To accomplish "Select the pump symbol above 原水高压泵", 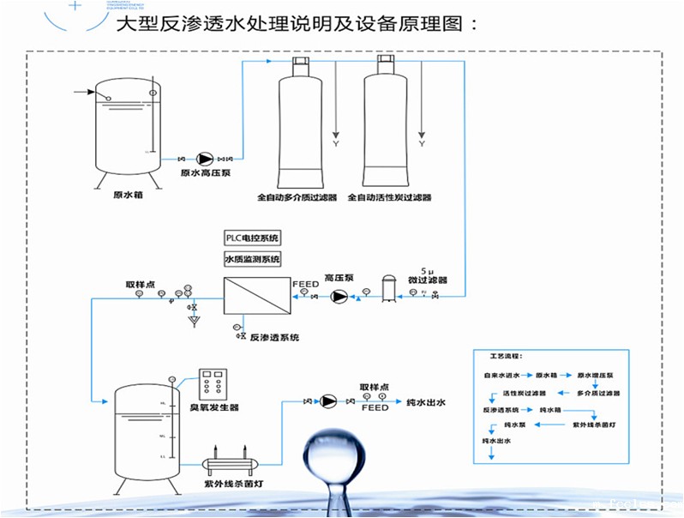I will coord(205,159).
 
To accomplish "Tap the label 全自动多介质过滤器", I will coord(297,197).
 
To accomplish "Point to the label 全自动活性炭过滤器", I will coord(389,197).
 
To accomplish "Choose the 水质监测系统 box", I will coord(253,259).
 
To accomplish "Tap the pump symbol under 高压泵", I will coord(339,297).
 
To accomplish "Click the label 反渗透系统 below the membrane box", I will coord(274,338).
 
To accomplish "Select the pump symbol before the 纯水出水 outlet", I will coord(327,401).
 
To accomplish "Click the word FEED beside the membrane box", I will coord(305,283).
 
